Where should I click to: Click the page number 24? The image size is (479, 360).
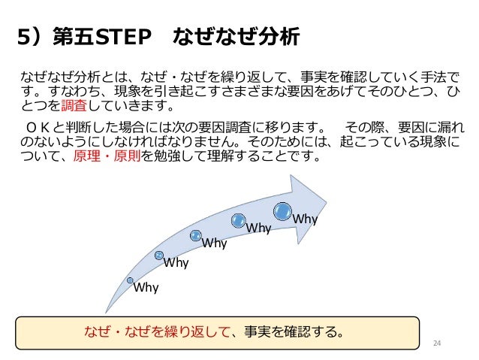[439, 343]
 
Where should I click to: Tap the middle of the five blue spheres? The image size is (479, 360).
[196, 236]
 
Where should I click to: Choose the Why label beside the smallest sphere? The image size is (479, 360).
[146, 286]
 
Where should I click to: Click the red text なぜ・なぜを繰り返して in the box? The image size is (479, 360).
[158, 331]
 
